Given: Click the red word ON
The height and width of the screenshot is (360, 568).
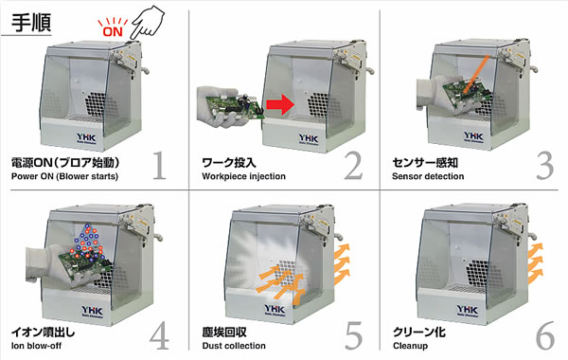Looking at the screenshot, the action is [113, 31].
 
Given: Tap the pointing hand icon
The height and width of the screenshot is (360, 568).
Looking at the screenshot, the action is [147, 22].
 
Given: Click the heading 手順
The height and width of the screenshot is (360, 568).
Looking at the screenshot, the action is [31, 23].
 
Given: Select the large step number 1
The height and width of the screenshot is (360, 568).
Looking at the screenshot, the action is [159, 166].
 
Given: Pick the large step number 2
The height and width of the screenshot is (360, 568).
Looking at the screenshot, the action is [353, 166].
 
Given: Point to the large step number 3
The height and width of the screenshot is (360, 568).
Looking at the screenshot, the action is [544, 166].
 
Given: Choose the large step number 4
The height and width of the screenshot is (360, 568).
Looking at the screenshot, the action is [159, 335].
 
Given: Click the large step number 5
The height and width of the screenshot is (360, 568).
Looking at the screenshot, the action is [353, 335].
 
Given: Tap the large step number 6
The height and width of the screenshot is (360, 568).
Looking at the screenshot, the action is [545, 335].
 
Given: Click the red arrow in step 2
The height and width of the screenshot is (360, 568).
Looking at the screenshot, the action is [280, 104].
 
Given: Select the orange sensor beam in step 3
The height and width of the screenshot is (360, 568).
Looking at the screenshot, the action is [475, 75].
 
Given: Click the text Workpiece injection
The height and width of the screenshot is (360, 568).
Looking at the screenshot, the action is [244, 176].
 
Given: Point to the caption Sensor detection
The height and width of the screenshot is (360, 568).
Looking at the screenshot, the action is [428, 176].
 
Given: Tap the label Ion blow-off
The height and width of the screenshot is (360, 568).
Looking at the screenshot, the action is [36, 346].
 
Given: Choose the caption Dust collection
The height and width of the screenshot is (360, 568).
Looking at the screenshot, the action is [234, 346].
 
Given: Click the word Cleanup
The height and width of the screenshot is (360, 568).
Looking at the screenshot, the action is [410, 346].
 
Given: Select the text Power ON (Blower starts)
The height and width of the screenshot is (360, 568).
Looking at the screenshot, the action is [64, 176].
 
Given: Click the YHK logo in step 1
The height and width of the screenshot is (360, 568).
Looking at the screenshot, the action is [86, 137].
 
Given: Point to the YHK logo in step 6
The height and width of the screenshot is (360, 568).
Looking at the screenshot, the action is [468, 309].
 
